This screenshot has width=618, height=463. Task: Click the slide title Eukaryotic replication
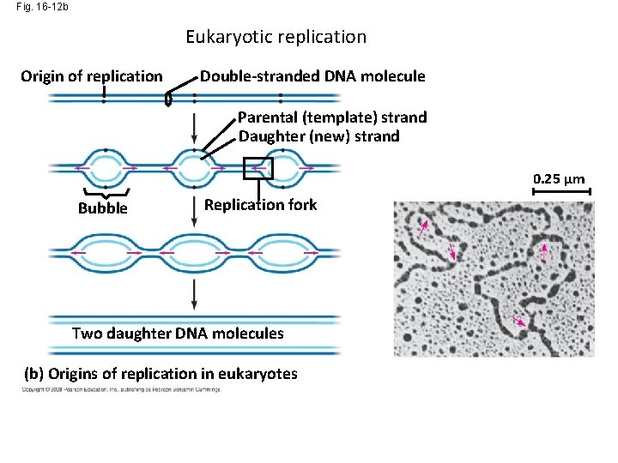point(276,37)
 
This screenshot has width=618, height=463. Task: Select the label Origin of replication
point(91,76)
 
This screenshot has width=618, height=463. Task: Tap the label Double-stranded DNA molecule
point(312,76)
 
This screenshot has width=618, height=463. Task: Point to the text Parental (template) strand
point(332,117)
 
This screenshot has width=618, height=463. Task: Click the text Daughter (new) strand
point(318,135)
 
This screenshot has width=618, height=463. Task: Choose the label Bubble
point(102,208)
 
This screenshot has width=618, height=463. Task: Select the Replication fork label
point(260,205)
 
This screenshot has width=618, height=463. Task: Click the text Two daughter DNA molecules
point(178,334)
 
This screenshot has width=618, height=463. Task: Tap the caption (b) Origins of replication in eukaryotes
point(161,373)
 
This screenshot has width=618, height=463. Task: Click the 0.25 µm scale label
point(559,179)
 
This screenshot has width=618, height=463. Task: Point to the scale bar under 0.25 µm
point(561,193)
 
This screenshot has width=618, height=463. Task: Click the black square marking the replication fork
point(257,168)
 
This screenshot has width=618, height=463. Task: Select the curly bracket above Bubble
point(103,193)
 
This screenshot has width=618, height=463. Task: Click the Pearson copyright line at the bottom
point(121,390)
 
